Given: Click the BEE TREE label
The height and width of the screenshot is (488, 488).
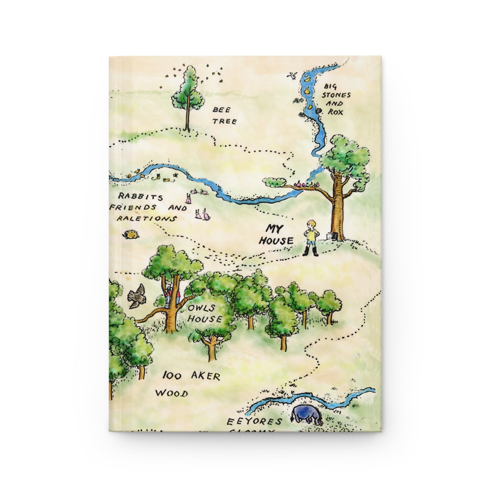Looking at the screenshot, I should pyautogui.click(x=224, y=115).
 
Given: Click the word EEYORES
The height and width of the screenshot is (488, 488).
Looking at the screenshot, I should pyautogui.click(x=254, y=422).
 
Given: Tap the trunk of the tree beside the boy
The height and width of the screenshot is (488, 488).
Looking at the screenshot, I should pyautogui.click(x=339, y=210).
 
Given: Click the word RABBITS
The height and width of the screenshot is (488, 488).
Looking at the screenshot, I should pyautogui.click(x=136, y=197).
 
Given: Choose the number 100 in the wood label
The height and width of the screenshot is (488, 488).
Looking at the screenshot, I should pyautogui.click(x=172, y=375).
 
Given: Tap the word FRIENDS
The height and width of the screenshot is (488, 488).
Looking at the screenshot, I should pyautogui.click(x=133, y=207).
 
